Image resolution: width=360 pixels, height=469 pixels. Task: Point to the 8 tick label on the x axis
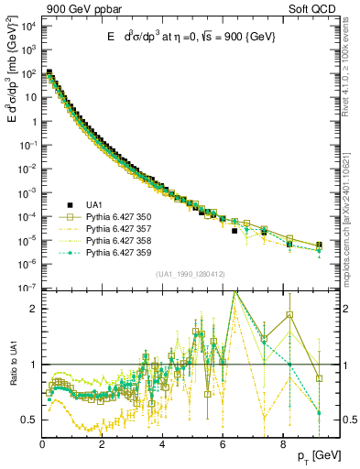(x=281, y=444)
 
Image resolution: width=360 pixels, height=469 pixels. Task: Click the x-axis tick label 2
(x=102, y=444)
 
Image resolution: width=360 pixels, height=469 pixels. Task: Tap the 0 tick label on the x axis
(x=42, y=444)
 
